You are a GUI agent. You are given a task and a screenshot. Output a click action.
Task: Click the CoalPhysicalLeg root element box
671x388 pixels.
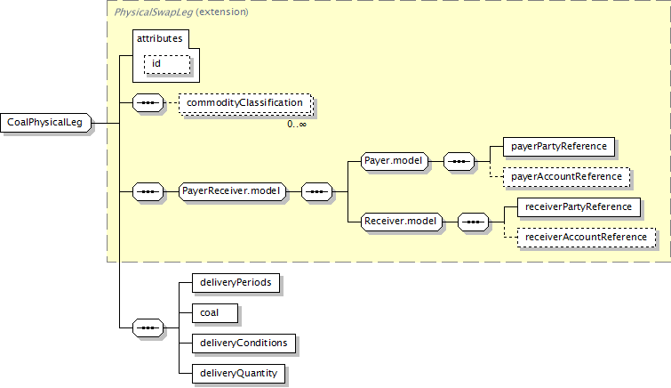tap(46, 123)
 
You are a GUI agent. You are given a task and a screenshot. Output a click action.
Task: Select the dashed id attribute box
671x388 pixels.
tap(167, 64)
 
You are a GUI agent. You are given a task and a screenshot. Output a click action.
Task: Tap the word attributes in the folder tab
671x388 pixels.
tap(160, 38)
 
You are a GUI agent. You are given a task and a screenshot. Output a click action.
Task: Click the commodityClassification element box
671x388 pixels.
tap(245, 103)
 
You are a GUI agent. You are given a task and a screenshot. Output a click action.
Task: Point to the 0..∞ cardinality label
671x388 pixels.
tap(297, 125)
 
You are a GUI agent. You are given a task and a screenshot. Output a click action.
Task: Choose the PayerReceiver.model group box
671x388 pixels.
tap(231, 191)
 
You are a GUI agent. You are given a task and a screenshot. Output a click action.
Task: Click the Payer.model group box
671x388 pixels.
tap(394, 161)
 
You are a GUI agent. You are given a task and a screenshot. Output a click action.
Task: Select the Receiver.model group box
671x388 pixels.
tap(401, 222)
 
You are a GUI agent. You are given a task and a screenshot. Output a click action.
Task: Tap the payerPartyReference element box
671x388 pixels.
tap(559, 147)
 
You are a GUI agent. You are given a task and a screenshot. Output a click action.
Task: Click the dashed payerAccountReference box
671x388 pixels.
tap(567, 177)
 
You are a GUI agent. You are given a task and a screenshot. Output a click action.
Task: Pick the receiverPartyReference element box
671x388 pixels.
tap(579, 207)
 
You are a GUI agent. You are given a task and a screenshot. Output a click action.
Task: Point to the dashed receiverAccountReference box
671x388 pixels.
tap(587, 238)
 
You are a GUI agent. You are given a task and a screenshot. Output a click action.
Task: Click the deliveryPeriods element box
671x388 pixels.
tap(236, 283)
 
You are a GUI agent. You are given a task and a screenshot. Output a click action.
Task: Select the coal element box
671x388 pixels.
tap(215, 313)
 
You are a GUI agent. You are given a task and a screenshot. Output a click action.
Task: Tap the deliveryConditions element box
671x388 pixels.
tap(244, 344)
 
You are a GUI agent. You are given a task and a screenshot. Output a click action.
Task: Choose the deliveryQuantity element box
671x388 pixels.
tap(239, 374)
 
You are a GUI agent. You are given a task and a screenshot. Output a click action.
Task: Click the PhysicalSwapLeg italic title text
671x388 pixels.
tap(153, 12)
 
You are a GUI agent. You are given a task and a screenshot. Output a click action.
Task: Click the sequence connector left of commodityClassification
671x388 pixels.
tap(148, 103)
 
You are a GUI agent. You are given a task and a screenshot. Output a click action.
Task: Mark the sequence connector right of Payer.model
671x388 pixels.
tap(459, 162)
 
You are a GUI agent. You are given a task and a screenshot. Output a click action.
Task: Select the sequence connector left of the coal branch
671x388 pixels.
tap(148, 328)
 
